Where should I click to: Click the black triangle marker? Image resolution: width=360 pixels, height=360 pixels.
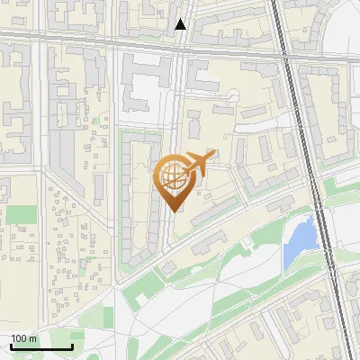tap(181, 24)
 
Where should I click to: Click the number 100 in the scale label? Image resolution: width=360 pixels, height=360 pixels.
tap(19, 339)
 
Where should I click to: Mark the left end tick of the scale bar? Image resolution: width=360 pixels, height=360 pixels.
tap(11, 346)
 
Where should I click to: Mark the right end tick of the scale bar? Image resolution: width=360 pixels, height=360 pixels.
tap(72, 346)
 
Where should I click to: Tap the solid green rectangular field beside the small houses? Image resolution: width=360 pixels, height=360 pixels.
tap(22, 214)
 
